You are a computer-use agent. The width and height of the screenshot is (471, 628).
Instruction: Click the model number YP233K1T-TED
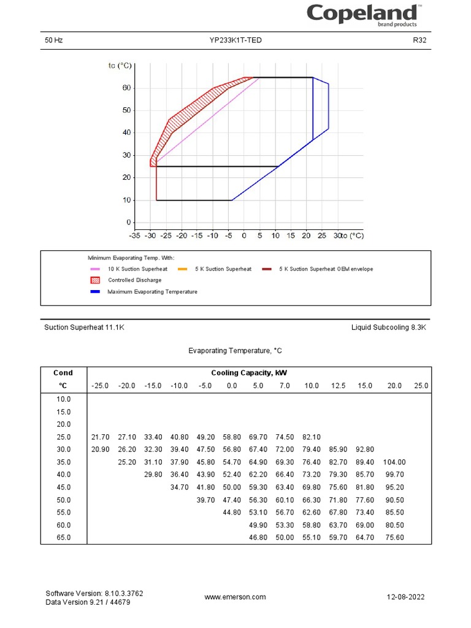(x=239, y=40)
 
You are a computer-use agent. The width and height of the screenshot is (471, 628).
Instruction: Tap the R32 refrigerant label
(x=419, y=40)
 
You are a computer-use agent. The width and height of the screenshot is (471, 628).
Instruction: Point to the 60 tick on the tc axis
(x=126, y=88)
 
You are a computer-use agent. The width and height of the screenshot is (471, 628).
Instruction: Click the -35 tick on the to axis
(x=135, y=235)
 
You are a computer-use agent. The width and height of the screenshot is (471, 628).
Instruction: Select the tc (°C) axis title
(x=120, y=65)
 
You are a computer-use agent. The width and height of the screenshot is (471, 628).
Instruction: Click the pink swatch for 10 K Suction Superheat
(x=95, y=269)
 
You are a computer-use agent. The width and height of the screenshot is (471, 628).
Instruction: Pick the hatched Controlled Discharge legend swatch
(x=95, y=280)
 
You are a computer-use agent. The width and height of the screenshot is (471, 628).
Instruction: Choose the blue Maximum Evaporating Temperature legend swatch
(x=95, y=292)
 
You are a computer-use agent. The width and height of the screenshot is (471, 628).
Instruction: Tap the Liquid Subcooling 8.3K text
(x=388, y=327)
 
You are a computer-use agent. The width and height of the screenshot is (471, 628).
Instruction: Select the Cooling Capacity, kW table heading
(x=249, y=373)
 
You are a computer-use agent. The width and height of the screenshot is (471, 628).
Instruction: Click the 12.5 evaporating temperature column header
(x=339, y=386)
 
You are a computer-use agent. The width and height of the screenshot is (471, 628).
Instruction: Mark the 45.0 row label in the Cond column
(x=63, y=488)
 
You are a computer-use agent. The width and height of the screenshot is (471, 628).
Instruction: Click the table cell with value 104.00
(x=394, y=462)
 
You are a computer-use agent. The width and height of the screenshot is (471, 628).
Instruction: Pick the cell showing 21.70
(x=100, y=437)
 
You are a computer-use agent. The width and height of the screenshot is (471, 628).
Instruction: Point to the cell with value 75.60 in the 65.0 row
(x=394, y=538)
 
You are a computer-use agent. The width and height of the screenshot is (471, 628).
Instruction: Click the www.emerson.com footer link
(x=235, y=597)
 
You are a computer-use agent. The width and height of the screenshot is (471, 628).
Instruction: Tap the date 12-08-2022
(x=405, y=597)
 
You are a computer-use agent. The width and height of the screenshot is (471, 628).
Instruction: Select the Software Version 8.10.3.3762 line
(x=94, y=594)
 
